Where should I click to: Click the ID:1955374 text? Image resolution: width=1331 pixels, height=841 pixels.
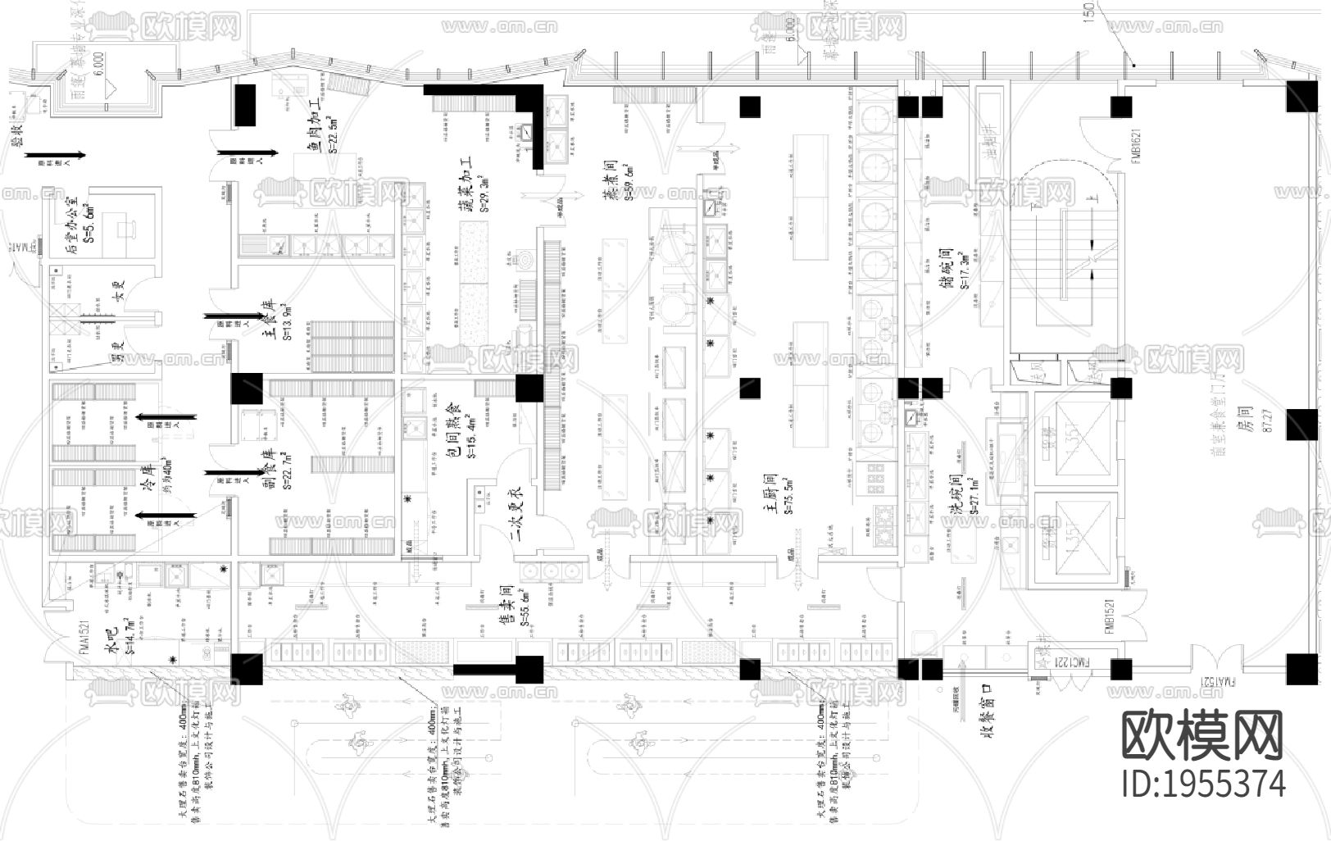click(x=1202, y=784)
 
